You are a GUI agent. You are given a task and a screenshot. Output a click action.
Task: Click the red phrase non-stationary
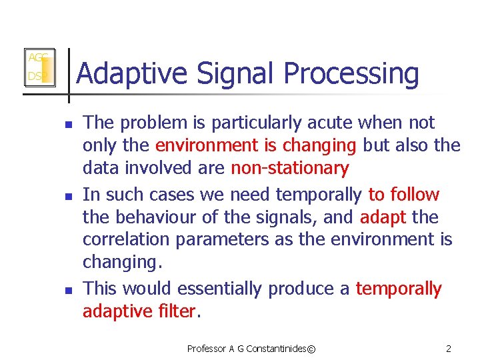(x=289, y=168)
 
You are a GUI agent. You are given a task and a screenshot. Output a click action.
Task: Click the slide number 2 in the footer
(x=448, y=348)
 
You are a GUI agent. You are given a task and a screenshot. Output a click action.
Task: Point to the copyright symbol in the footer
(x=311, y=348)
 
